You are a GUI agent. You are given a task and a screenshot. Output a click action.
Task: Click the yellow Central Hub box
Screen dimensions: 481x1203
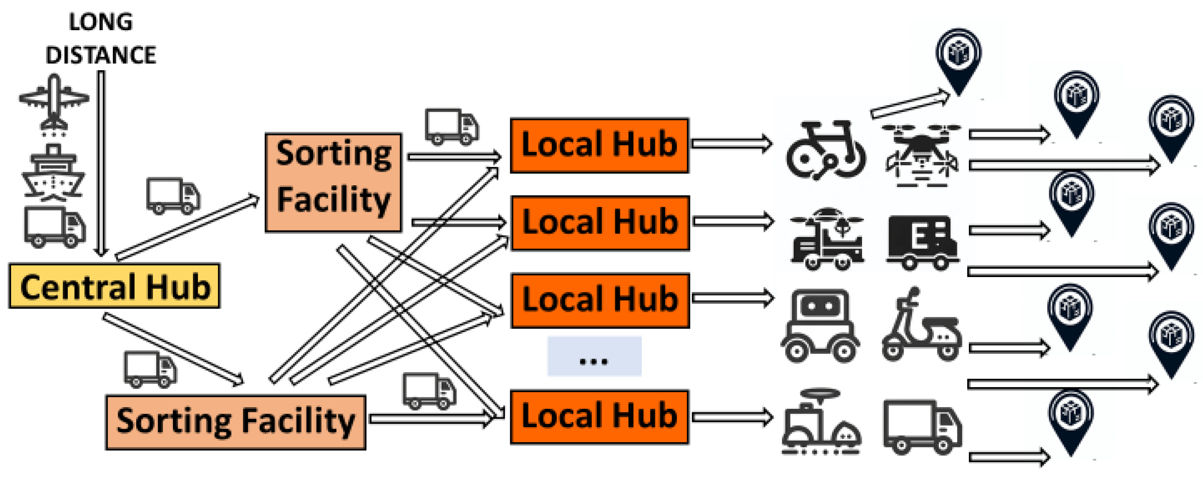(114, 286)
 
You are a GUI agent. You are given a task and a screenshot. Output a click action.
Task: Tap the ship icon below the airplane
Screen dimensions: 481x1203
(54, 173)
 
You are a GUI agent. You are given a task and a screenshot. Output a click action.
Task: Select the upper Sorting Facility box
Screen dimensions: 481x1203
(333, 182)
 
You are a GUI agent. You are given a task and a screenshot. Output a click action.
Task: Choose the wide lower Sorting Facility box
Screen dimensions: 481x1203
(235, 422)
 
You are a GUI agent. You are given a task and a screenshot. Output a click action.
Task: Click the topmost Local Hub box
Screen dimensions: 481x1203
(599, 145)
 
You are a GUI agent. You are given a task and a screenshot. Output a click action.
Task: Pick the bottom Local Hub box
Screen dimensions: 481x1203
(599, 416)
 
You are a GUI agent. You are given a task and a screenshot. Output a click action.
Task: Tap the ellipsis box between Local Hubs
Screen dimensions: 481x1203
(594, 356)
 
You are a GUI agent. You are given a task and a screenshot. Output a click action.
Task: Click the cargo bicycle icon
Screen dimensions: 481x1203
(825, 151)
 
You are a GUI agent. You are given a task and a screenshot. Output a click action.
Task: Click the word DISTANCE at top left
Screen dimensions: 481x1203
(100, 55)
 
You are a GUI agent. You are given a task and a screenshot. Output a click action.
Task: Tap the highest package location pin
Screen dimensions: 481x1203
(958, 60)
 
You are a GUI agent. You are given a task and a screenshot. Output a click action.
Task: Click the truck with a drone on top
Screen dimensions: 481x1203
(826, 239)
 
